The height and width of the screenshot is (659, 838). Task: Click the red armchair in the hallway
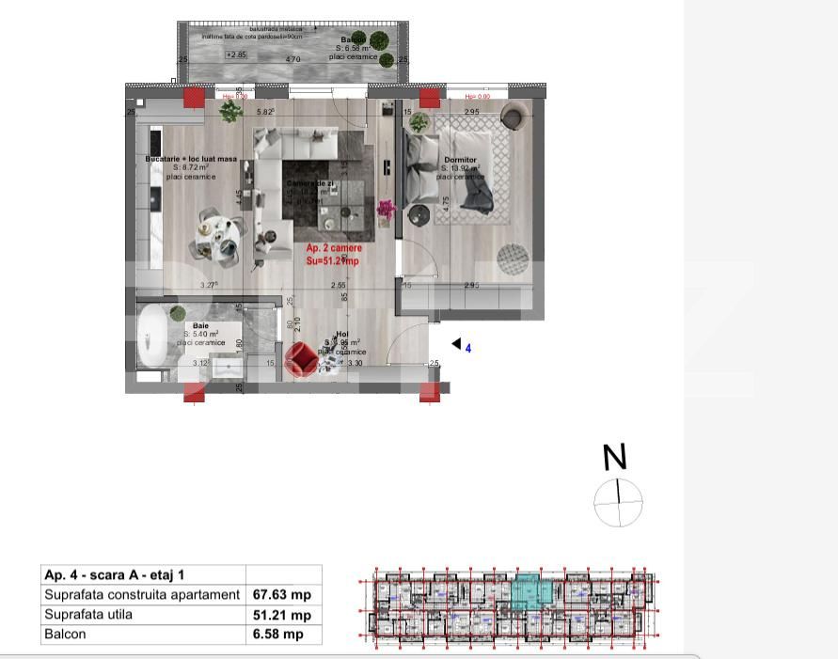301,358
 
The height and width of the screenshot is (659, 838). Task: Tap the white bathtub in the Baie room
151,337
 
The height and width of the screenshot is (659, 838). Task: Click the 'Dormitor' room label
461,161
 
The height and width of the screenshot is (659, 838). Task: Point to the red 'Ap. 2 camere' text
334,248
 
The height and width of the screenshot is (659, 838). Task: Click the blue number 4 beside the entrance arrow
468,349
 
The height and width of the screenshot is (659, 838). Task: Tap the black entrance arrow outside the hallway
456,345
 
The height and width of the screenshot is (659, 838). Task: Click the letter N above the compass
614,458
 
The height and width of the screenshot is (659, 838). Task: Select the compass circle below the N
618,502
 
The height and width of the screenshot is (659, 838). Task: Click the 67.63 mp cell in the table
282,595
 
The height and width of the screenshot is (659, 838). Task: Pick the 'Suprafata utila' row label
89,615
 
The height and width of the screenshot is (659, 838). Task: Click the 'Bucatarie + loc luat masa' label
191,160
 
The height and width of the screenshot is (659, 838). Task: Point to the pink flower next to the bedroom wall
386,208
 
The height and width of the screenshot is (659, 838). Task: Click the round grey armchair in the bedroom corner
513,117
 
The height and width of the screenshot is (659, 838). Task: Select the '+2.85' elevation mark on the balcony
236,55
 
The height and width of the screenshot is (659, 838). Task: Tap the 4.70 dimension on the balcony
293,60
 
